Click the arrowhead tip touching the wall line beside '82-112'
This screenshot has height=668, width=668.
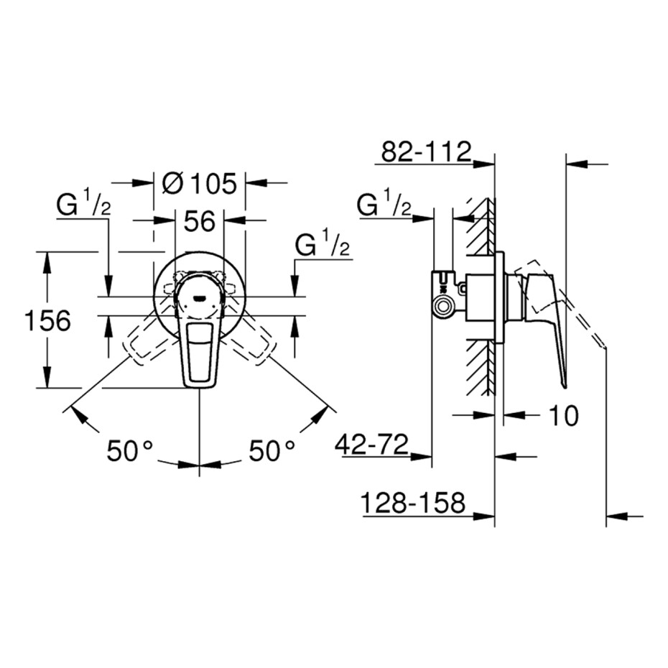click(494, 163)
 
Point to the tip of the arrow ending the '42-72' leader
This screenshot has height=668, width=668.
click(432, 457)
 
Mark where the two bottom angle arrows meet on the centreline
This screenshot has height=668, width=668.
click(200, 464)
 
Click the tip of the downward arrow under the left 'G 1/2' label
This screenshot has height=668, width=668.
click(108, 296)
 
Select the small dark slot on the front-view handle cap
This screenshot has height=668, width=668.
click(199, 299)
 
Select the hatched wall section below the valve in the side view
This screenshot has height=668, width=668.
click(481, 367)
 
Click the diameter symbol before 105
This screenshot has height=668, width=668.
click(173, 184)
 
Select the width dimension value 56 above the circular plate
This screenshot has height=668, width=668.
click(200, 221)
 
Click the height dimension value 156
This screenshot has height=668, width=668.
click(47, 320)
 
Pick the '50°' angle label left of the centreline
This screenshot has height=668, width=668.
click(129, 451)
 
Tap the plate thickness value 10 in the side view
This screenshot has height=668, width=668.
click(563, 415)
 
